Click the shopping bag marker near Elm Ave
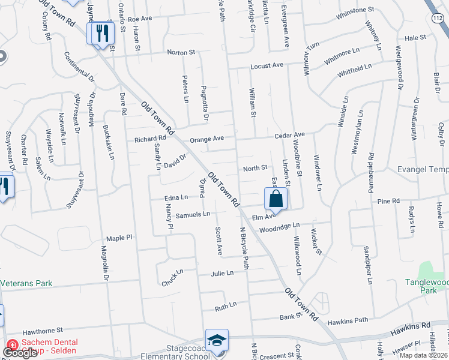coord(276,199)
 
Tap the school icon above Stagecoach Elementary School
coord(217,340)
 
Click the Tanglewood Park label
coord(427,286)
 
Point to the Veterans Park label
coord(26,283)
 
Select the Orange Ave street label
coord(206,139)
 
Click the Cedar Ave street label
coord(290,135)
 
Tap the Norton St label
coord(181,53)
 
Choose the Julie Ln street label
coord(221,272)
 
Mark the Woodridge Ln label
coord(279,227)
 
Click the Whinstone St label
coord(355,10)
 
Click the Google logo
coord(20,353)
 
